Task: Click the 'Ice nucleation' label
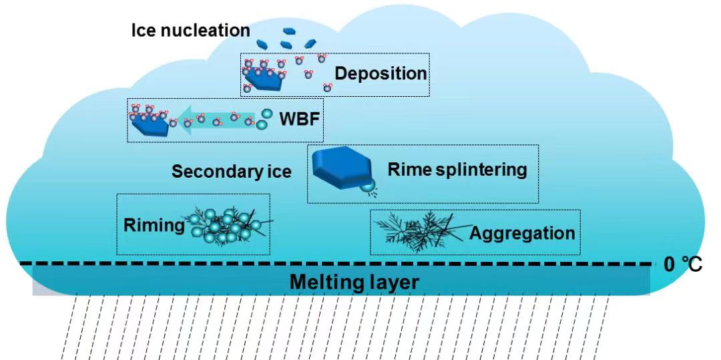(190, 30)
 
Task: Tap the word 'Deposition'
(381, 73)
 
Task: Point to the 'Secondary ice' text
(232, 172)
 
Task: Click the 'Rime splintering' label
(457, 169)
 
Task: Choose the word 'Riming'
(154, 225)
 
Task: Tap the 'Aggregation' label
(521, 233)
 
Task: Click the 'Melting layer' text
(354, 283)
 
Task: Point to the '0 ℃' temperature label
(683, 264)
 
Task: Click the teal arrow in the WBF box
(214, 120)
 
